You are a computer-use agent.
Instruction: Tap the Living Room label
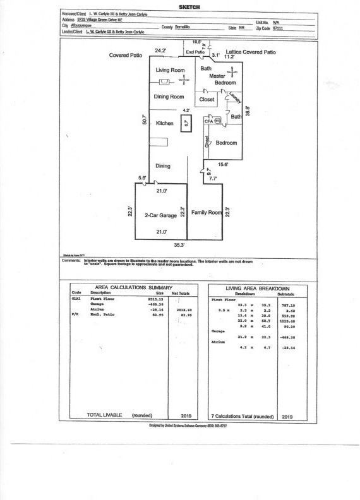[x=170, y=69]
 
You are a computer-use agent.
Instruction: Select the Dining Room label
[x=169, y=97]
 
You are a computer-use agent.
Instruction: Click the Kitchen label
[x=164, y=124]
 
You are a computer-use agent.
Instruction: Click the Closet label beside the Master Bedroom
[x=207, y=100]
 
